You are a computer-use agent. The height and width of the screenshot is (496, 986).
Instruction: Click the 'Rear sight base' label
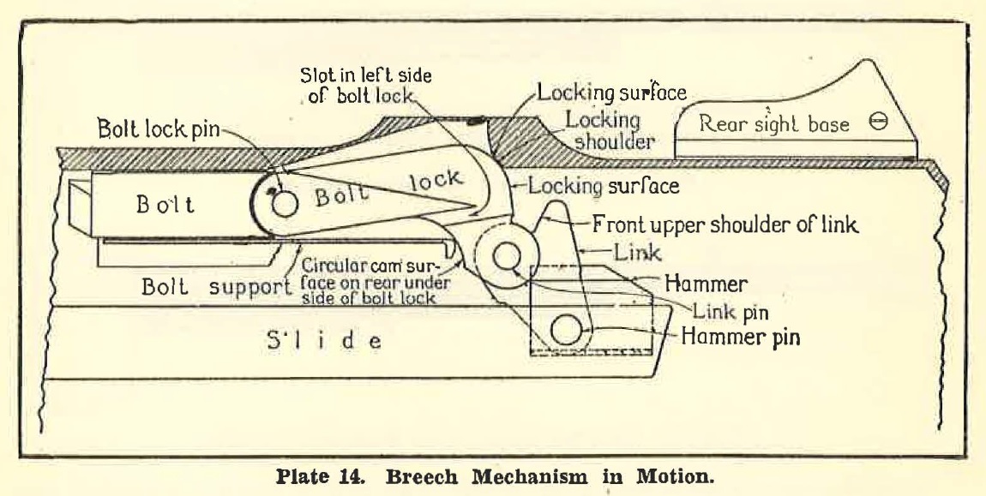point(774,124)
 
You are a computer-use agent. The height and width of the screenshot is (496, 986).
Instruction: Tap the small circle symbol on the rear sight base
point(878,123)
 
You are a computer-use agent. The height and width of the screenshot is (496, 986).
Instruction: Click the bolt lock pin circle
point(283,202)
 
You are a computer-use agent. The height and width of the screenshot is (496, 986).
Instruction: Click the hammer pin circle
point(566,330)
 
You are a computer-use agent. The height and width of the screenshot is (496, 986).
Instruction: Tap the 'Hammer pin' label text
point(740,336)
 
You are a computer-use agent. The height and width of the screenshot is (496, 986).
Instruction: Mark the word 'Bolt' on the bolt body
point(165,206)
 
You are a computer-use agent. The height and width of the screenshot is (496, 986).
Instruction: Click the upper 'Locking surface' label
point(612,93)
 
